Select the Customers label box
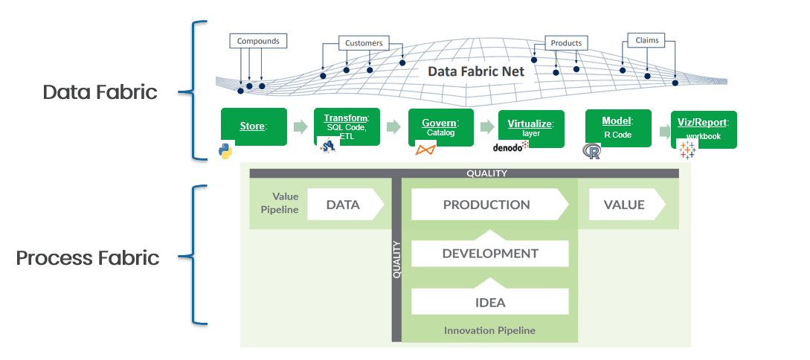coord(364,43)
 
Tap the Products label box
coord(565,43)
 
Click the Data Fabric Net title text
coord(476,72)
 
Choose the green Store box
coord(254,126)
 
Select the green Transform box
coord(347,126)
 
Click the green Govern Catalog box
coord(441,126)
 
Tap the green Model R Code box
coord(617,126)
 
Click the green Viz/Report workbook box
coord(703,128)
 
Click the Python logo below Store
coord(226,151)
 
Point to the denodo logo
coord(510,147)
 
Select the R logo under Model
coord(592,152)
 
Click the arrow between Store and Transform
coord(300,127)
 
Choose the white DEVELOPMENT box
coord(489,253)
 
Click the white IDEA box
coord(489,302)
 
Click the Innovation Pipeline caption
coord(489,330)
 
